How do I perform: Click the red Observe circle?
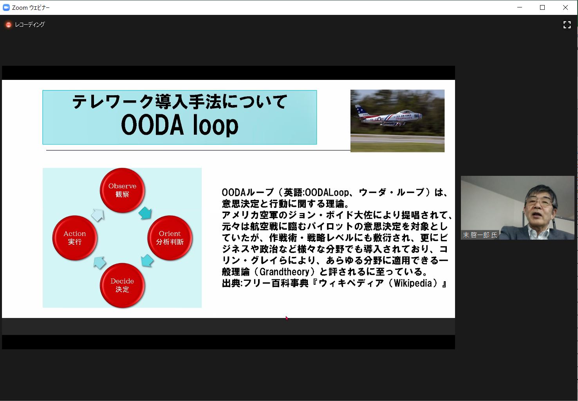point(122,190)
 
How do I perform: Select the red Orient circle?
point(170,238)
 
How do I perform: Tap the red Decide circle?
point(122,285)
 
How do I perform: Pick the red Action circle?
point(74,238)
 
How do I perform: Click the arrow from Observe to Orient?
point(145,213)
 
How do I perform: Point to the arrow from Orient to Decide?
point(147,260)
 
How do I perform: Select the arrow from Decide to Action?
point(99,263)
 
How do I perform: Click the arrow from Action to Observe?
point(98,215)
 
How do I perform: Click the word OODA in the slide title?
point(152,125)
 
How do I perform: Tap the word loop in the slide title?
point(215,125)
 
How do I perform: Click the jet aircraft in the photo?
point(388,117)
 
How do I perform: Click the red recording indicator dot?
point(9,25)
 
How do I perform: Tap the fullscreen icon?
point(567,25)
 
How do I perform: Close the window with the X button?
point(565,7)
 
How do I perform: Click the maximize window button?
point(542,7)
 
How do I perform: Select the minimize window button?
point(520,7)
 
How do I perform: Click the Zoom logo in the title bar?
point(6,7)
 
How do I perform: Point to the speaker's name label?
point(480,235)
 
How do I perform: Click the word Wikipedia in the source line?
point(413,283)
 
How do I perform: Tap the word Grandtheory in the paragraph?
point(284,272)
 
